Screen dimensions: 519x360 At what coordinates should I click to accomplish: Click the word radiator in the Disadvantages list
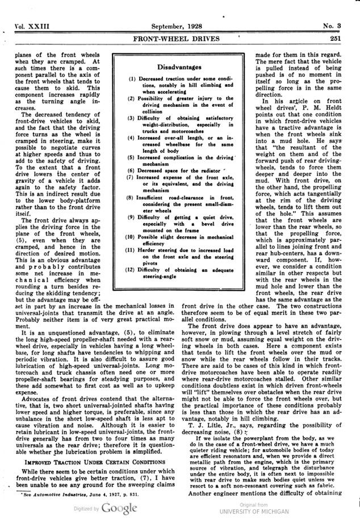click(194, 171)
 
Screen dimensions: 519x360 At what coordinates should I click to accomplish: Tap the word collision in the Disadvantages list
click(153, 112)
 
